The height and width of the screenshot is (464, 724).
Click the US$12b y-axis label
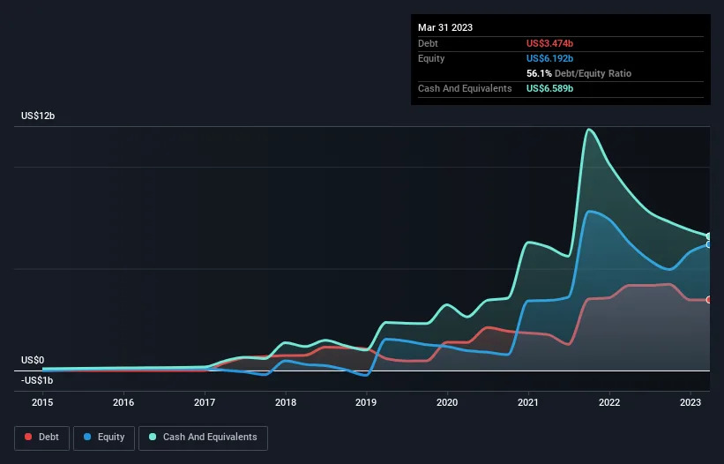tap(38, 116)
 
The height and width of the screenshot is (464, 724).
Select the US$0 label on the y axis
tap(33, 360)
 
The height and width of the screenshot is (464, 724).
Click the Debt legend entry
tap(41, 437)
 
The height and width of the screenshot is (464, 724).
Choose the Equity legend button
tap(104, 437)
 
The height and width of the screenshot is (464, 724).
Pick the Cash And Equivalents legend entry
tap(203, 437)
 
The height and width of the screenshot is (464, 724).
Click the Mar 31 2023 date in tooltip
tap(445, 27)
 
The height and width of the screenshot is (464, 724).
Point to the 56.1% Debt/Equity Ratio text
tap(578, 73)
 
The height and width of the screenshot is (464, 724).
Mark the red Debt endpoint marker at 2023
tap(709, 300)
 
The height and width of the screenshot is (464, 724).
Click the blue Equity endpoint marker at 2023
tap(709, 244)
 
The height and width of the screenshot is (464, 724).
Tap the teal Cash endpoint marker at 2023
tap(709, 236)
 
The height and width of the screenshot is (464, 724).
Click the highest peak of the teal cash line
tap(588, 130)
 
